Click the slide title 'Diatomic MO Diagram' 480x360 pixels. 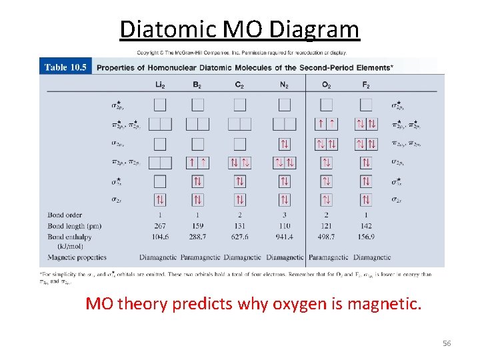click(x=239, y=29)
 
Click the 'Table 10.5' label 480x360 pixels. click(x=65, y=67)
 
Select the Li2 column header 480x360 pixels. click(x=160, y=85)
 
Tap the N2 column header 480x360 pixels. click(x=285, y=85)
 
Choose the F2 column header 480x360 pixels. click(x=366, y=85)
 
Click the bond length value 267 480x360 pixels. click(x=160, y=226)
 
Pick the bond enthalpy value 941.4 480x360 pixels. click(x=285, y=237)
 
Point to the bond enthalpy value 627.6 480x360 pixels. click(x=240, y=237)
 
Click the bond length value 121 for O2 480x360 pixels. click(x=326, y=226)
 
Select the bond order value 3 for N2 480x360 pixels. click(x=285, y=215)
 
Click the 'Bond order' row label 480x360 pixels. click(x=65, y=215)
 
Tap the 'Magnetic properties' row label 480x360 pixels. click(x=77, y=257)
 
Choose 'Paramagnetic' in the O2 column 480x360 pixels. click(x=329, y=257)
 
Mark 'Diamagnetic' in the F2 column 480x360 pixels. click(x=372, y=257)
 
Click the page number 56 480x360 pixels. click(x=447, y=343)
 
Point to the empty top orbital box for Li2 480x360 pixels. click(x=160, y=105)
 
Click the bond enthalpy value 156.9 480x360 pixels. click(x=366, y=237)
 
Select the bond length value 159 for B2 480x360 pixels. click(x=197, y=226)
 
